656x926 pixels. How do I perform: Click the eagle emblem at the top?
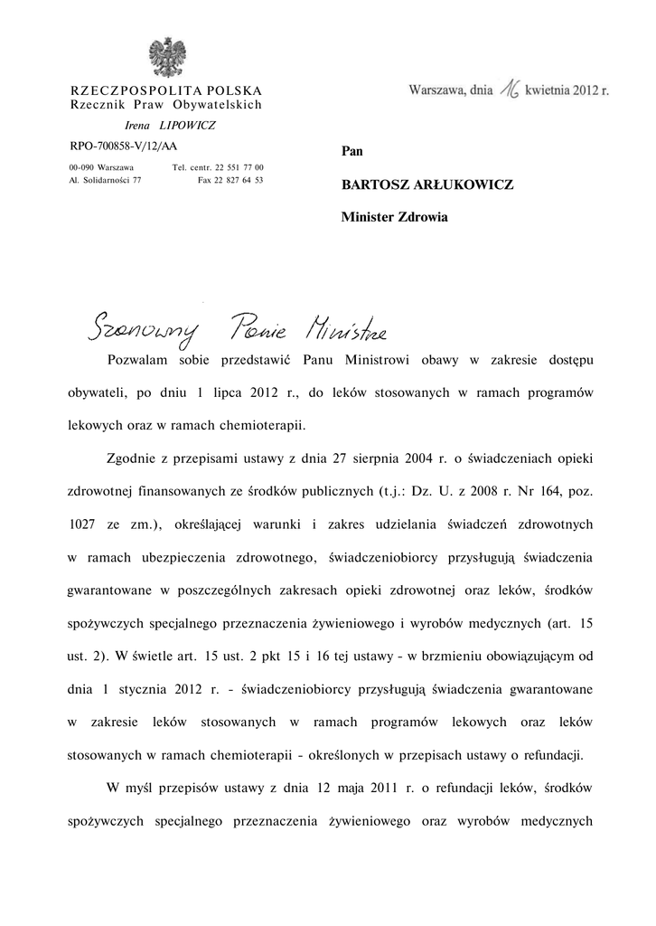(x=166, y=57)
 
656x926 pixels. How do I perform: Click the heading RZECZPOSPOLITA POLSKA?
(x=166, y=90)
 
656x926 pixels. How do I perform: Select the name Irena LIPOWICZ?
(x=164, y=125)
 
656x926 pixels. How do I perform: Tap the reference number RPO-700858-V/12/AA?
(x=124, y=146)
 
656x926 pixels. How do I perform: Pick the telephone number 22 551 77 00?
(x=238, y=167)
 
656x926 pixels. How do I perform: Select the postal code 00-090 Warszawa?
(x=101, y=167)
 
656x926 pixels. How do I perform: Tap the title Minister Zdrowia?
(x=394, y=217)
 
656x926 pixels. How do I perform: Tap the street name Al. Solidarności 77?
(x=111, y=180)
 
